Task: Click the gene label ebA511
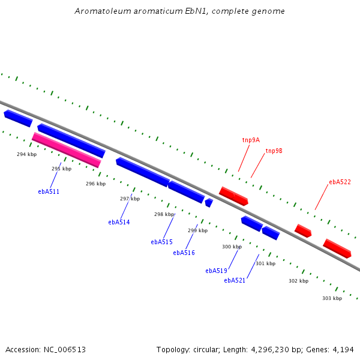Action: coord(48,191)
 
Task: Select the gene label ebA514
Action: coord(119,222)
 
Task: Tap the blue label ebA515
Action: coord(161,242)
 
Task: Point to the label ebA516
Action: coord(184,253)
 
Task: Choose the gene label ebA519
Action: coord(216,271)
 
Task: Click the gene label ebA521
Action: coord(235,280)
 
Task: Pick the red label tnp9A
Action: coord(251,140)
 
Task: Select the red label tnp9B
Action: coord(274,151)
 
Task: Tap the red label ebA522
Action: coord(340,182)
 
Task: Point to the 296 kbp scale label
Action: coord(95,184)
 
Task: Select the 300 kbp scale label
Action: coord(232,247)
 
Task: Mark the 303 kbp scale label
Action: coord(332,298)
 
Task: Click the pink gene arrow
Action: coord(66,150)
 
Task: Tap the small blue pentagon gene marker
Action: coord(209,203)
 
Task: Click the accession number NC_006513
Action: coord(64,349)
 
